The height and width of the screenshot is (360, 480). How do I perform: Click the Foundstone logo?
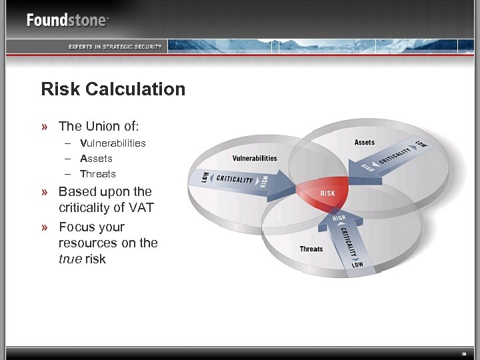click(x=67, y=20)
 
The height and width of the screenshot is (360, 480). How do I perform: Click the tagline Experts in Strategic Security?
click(x=115, y=47)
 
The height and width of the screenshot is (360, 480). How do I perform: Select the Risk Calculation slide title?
click(x=113, y=89)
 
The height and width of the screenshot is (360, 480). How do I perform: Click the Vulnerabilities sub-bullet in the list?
click(x=113, y=143)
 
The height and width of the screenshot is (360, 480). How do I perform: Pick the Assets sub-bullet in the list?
click(x=96, y=159)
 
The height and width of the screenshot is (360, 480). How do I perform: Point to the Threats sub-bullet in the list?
click(x=98, y=174)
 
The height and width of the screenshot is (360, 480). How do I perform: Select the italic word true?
click(x=70, y=259)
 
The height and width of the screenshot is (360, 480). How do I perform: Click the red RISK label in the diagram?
click(x=328, y=193)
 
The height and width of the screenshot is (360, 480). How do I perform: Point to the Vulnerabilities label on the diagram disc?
click(x=255, y=158)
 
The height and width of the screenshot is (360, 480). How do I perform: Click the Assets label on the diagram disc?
click(x=365, y=142)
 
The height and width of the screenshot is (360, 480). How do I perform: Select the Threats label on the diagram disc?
click(x=311, y=249)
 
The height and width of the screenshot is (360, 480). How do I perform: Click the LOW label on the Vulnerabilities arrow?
click(x=205, y=177)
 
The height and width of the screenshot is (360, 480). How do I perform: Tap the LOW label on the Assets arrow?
click(x=421, y=144)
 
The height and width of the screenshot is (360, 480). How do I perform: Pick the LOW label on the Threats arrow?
click(x=358, y=265)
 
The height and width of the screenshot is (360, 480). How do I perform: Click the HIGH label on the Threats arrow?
click(x=339, y=219)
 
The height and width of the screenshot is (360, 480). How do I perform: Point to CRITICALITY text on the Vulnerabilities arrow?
click(x=235, y=179)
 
